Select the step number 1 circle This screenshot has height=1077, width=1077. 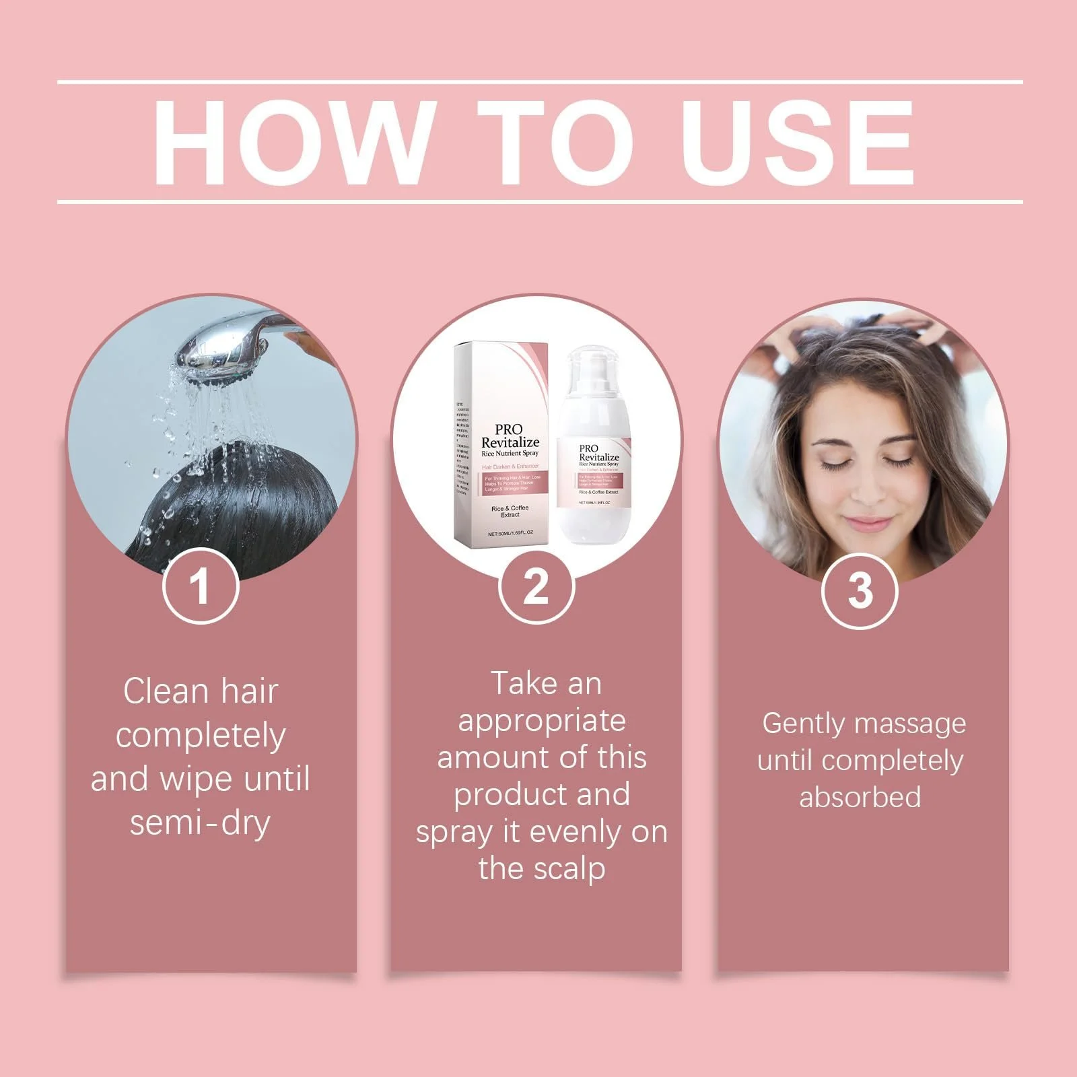click(201, 586)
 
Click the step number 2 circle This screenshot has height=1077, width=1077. click(536, 586)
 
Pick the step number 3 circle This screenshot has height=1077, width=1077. click(860, 590)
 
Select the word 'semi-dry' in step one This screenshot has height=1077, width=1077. click(200, 823)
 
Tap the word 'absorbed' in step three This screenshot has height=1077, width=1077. click(860, 797)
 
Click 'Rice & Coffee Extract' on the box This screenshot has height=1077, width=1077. click(510, 511)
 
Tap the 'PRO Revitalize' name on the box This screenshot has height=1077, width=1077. click(510, 436)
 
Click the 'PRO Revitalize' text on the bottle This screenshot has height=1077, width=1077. click(598, 453)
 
